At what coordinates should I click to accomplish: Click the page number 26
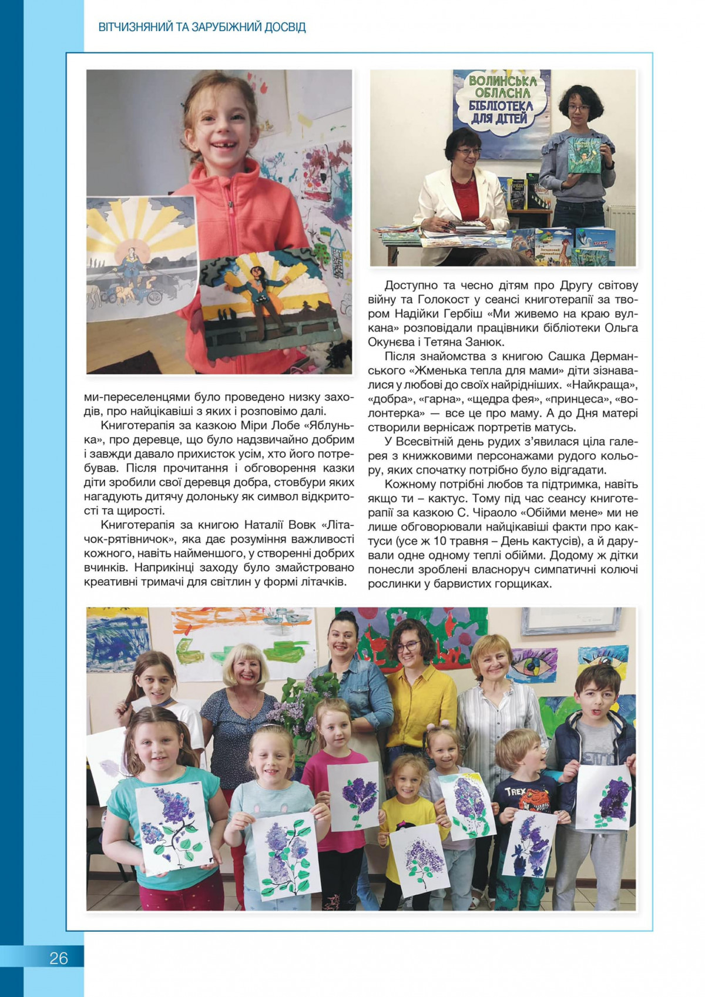(x=59, y=958)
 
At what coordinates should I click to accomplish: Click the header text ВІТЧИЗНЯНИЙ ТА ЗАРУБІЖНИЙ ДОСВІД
(x=202, y=27)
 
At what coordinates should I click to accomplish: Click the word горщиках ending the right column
(x=523, y=583)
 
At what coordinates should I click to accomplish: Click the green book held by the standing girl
(x=583, y=155)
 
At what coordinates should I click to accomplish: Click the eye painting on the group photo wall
(x=531, y=665)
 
